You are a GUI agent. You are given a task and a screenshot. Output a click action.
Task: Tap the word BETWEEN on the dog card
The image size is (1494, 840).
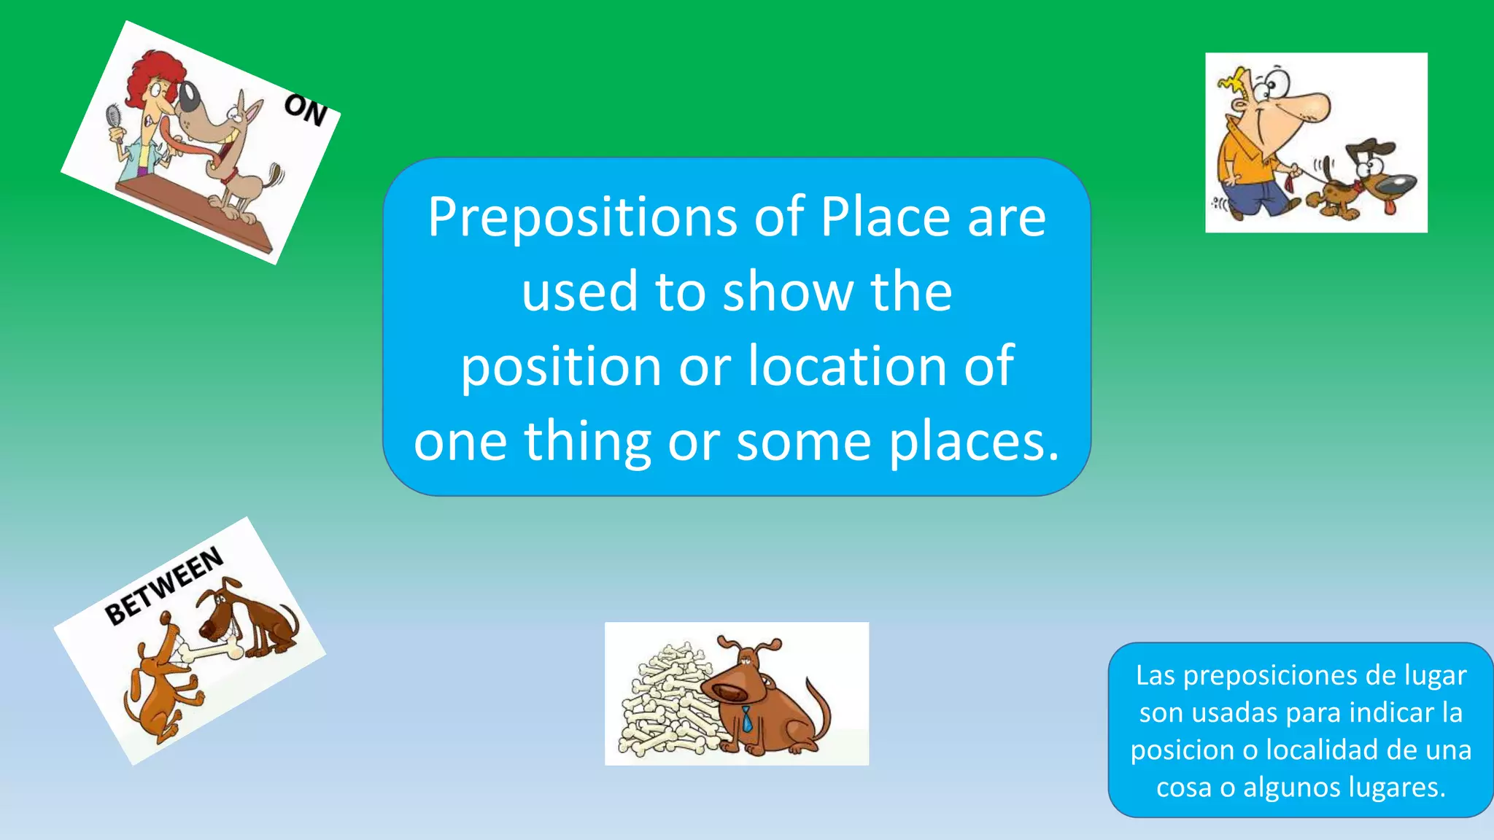pos(164,586)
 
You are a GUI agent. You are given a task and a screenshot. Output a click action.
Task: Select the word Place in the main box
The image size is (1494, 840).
pos(885,217)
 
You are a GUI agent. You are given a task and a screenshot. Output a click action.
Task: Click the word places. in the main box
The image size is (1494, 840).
pos(974,443)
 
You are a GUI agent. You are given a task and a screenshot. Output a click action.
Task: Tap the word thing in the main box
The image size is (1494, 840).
pos(587,443)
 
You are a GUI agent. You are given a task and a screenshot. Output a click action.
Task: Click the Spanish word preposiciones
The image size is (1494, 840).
pos(1269,676)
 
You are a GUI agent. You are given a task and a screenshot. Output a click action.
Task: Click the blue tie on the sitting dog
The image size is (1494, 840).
pos(747,720)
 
